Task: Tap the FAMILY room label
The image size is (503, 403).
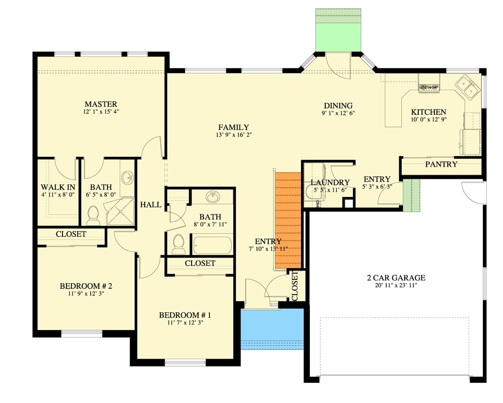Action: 233,127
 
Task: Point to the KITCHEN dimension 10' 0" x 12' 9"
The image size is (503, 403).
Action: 428,120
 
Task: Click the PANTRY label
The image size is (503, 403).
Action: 441,164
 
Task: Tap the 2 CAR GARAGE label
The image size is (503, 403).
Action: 396,278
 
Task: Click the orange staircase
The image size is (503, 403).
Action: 288,220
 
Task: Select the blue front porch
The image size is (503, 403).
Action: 272,328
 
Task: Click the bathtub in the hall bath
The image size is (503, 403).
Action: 212,245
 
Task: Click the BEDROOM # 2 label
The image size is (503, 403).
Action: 86,286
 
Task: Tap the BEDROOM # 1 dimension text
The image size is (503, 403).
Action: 184,323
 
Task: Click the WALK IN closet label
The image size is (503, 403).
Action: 57,187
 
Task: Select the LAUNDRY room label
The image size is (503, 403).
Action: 330,182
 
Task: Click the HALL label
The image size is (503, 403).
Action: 151,205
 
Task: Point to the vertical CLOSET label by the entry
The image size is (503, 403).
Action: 295,285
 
